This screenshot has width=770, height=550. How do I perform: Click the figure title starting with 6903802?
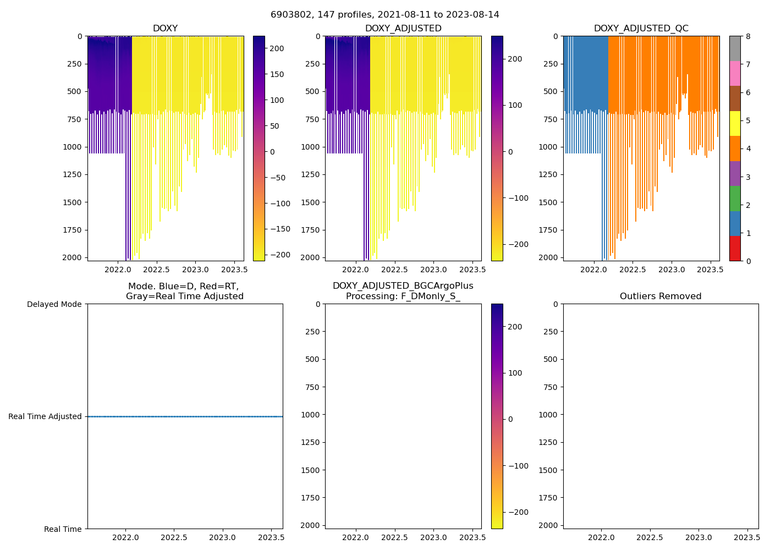coord(384,15)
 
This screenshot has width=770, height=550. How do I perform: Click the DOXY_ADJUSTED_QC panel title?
coord(641,29)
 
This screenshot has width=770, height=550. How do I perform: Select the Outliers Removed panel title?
coord(661,296)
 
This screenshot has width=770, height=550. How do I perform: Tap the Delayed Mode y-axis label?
coord(54,304)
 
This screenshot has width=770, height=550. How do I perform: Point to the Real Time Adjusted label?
coord(45,416)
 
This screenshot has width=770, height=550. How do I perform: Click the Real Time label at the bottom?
coord(63,529)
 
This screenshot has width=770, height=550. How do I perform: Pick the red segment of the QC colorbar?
coord(735,248)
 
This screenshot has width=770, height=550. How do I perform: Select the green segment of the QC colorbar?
coord(735,198)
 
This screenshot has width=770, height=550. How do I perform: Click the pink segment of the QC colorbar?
coord(735,73)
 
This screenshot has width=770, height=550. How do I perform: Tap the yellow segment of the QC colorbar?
coord(735,123)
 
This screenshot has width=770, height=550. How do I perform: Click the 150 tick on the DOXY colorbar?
coord(277,74)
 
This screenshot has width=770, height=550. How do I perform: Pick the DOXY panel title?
coord(165,29)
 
